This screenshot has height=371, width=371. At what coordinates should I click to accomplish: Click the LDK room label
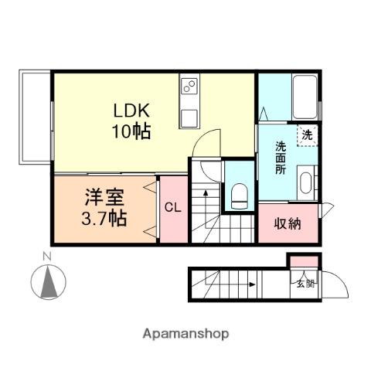128,110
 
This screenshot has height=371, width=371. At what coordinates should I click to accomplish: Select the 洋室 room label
104,197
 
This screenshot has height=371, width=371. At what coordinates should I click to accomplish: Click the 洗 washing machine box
308,134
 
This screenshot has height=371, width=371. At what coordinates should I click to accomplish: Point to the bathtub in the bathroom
305,95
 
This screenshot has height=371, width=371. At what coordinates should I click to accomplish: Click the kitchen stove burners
190,87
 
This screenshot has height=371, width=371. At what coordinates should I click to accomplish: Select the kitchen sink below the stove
190,117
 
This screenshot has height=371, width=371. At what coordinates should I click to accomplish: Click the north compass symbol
48,281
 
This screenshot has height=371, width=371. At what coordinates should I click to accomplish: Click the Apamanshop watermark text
185,334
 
